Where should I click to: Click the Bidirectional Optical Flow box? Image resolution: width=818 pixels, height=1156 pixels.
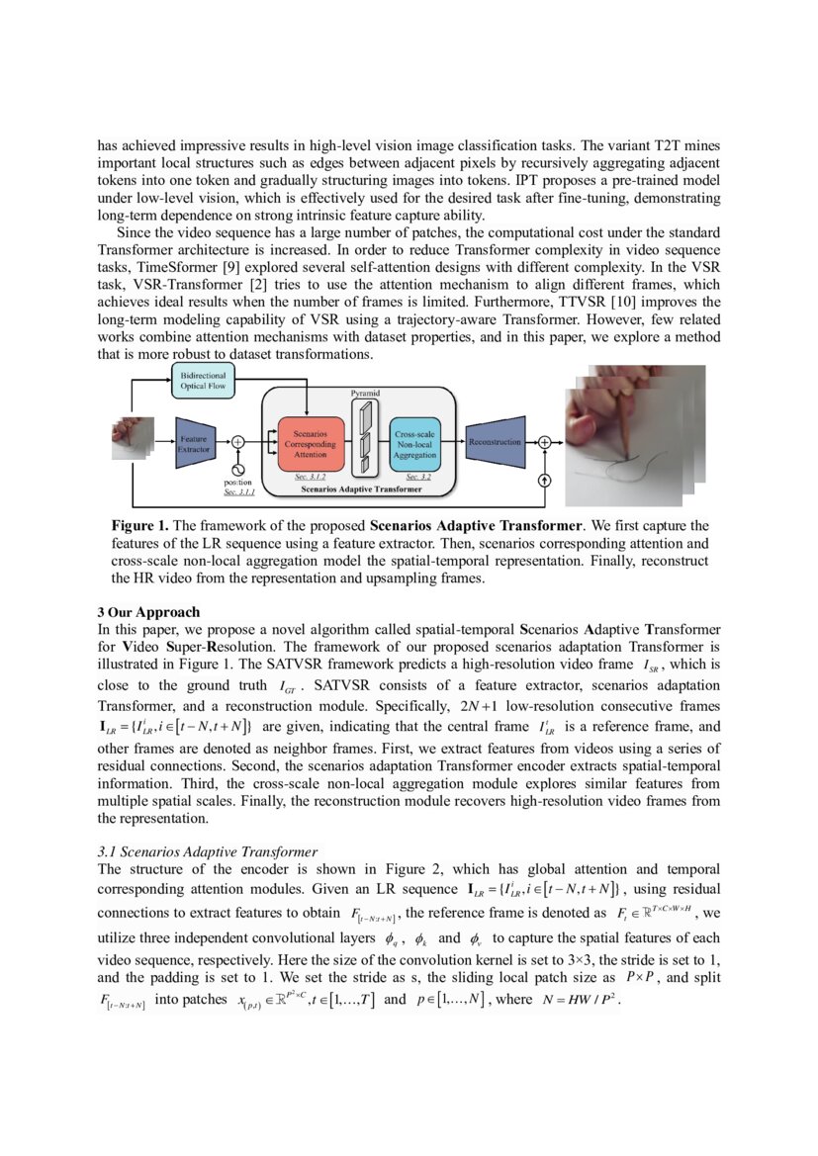pyautogui.click(x=204, y=382)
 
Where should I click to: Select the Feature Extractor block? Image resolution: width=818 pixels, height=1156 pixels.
pyautogui.click(x=194, y=443)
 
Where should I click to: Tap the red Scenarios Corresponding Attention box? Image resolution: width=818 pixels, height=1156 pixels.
pyautogui.click(x=311, y=443)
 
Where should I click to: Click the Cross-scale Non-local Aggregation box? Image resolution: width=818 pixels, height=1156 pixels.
pyautogui.click(x=415, y=443)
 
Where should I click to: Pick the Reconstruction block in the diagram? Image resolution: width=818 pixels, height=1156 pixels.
pyautogui.click(x=494, y=442)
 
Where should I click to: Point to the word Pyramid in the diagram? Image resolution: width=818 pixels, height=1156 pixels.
pyautogui.click(x=365, y=394)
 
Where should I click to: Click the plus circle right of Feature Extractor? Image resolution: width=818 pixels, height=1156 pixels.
pyautogui.click(x=237, y=442)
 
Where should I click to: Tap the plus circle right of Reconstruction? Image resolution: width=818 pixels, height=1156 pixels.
pyautogui.click(x=543, y=442)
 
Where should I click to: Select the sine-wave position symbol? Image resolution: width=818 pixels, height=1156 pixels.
pyautogui.click(x=237, y=469)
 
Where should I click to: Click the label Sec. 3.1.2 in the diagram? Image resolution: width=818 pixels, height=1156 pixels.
pyautogui.click(x=312, y=476)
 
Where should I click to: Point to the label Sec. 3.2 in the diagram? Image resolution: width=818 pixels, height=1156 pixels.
pyautogui.click(x=417, y=476)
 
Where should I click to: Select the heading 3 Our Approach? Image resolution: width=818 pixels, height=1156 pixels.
pyautogui.click(x=148, y=611)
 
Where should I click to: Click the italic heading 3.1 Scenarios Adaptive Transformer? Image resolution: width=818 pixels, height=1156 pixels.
pyautogui.click(x=207, y=851)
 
